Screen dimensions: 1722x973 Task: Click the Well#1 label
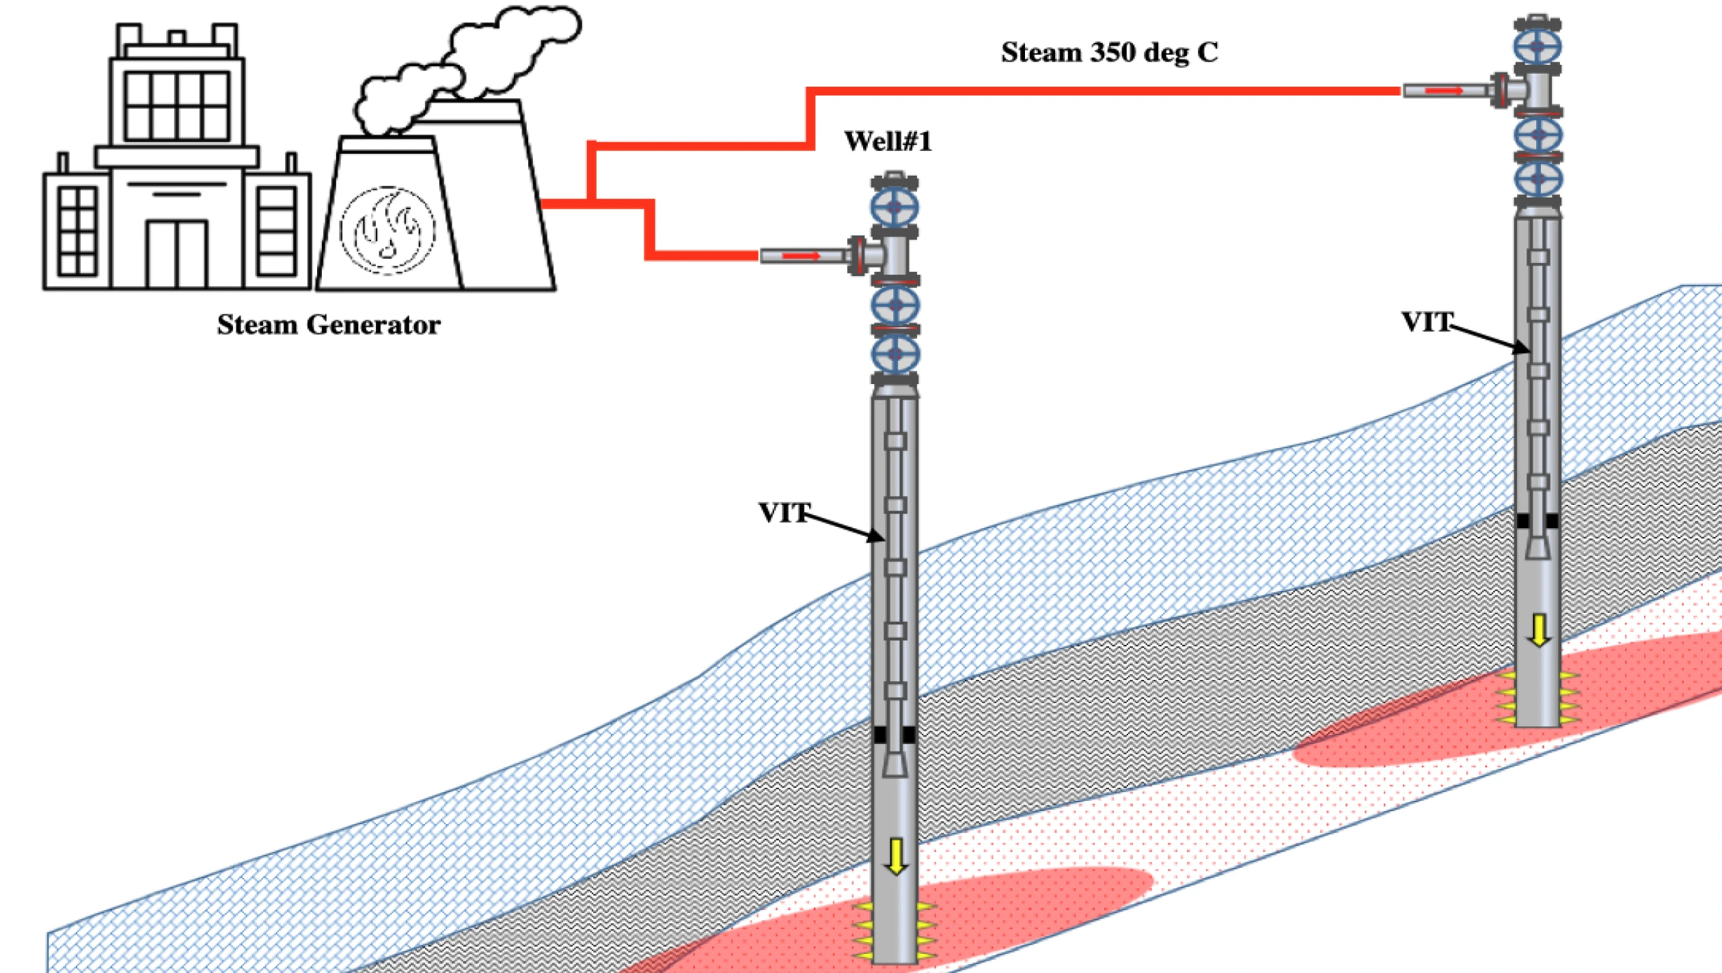(888, 141)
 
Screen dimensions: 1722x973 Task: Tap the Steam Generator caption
(329, 325)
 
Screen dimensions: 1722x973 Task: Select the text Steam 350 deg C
(1110, 53)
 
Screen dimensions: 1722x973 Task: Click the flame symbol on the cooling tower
(387, 230)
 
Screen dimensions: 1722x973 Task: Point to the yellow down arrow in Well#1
(896, 856)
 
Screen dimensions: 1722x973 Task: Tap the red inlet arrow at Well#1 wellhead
(801, 256)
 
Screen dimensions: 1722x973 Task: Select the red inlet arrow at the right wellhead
(1444, 90)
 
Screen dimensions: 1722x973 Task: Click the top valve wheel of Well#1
(894, 207)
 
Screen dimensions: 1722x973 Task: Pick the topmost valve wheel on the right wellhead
(1537, 46)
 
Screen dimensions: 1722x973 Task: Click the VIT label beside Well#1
(784, 513)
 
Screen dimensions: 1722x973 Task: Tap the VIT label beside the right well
(1427, 322)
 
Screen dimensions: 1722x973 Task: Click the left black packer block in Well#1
(880, 735)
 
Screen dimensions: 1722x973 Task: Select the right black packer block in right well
(1552, 521)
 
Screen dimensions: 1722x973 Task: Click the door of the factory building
(177, 253)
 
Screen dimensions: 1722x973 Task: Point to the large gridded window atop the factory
(177, 107)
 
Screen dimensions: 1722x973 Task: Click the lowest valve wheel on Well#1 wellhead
(894, 354)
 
